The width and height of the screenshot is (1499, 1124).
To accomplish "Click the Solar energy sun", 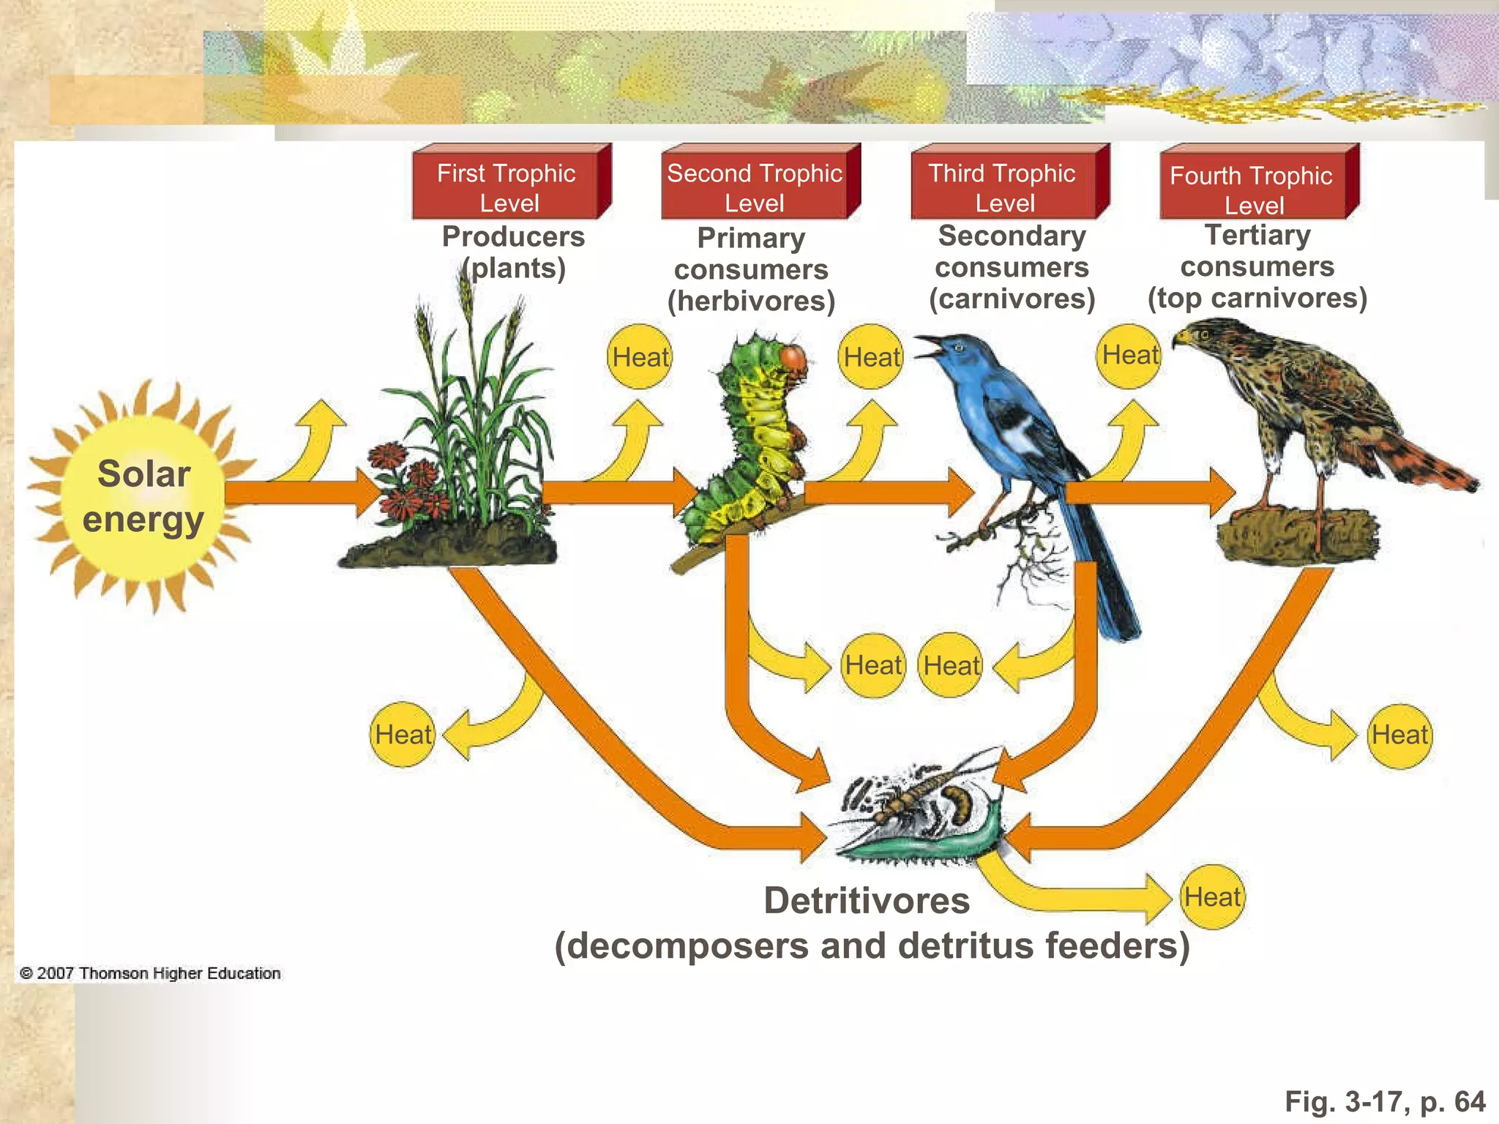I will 143,496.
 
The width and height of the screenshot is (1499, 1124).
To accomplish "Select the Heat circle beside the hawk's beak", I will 1130,356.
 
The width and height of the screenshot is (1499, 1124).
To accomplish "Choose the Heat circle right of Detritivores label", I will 1213,897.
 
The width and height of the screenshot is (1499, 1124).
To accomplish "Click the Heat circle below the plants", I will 403,735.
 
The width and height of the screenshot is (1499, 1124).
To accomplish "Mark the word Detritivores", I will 867,901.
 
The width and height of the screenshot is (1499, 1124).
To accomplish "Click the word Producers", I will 513,236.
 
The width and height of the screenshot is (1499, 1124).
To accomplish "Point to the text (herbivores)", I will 751,301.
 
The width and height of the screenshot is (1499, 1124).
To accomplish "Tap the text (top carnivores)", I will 1257,298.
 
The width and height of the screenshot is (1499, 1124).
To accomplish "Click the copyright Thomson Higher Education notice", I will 151,973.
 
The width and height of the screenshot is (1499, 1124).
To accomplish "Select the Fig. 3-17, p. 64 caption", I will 1385,1101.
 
